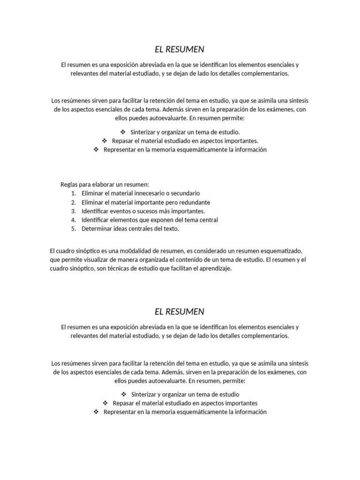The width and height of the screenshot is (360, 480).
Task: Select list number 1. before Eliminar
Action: (x=74, y=193)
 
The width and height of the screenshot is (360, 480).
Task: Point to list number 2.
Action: (x=74, y=202)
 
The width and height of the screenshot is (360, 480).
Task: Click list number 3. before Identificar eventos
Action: (x=74, y=211)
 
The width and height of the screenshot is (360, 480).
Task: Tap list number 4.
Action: (x=74, y=220)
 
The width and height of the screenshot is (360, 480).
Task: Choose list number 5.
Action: (x=74, y=229)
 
